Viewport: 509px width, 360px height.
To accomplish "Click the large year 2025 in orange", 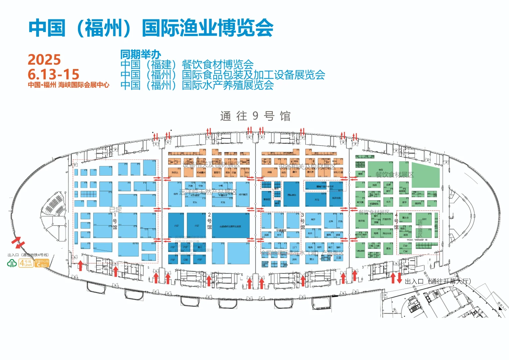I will pyautogui.click(x=44, y=60).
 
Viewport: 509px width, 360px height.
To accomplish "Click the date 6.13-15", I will pyautogui.click(x=53, y=74).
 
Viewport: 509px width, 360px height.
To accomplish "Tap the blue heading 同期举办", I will pyautogui.click(x=141, y=54).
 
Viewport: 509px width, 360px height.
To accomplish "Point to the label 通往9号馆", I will pyautogui.click(x=255, y=116).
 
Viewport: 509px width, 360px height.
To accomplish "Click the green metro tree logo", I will pyautogui.click(x=12, y=263).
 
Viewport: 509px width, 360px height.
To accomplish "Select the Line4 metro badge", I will pyautogui.click(x=26, y=263).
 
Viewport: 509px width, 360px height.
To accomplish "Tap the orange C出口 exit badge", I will pyautogui.click(x=42, y=263).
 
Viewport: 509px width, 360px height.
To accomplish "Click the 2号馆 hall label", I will pyautogui.click(x=209, y=221).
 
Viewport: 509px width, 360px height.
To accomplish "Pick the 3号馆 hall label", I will pyautogui.click(x=302, y=221).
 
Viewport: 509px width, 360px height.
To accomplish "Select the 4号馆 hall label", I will pyautogui.click(x=396, y=221).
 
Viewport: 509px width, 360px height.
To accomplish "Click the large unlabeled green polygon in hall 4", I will pyautogui.click(x=426, y=175).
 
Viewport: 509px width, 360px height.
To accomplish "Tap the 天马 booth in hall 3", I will pyautogui.click(x=316, y=200).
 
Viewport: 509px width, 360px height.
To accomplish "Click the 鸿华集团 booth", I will pyautogui.click(x=243, y=194).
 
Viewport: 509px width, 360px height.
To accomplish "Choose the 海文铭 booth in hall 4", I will pyautogui.click(x=361, y=221).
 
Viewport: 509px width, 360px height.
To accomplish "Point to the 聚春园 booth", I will pyautogui.click(x=266, y=199).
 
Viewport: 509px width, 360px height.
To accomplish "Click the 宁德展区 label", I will pyautogui.click(x=281, y=230).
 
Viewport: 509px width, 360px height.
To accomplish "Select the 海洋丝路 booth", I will pyautogui.click(x=336, y=198).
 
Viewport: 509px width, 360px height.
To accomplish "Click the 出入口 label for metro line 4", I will pyautogui.click(x=13, y=255).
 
